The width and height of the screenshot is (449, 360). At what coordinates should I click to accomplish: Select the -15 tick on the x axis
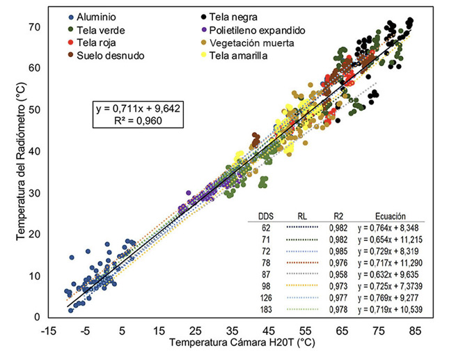click(x=49, y=331)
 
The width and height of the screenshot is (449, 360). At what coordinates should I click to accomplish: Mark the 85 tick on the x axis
click(x=416, y=331)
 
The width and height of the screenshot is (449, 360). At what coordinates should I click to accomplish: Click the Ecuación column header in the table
click(x=388, y=217)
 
